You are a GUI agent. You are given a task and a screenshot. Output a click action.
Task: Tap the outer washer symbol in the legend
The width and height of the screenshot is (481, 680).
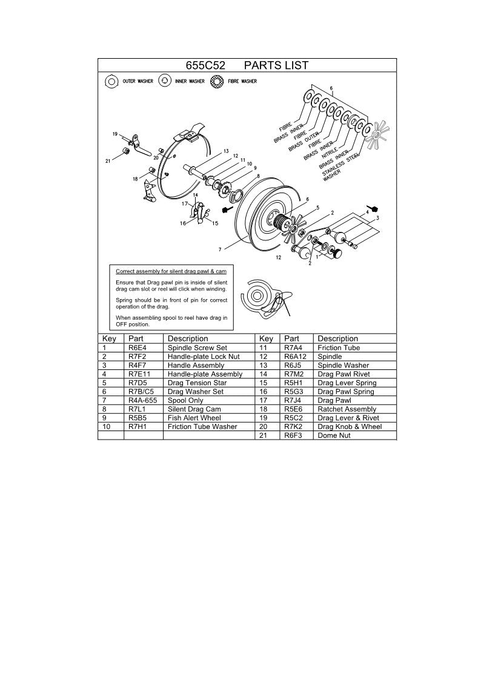coord(111,81)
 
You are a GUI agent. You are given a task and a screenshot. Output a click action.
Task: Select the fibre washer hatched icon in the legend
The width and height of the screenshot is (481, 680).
coord(216,81)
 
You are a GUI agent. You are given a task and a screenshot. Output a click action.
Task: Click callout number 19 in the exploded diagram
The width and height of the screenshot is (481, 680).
coord(114,133)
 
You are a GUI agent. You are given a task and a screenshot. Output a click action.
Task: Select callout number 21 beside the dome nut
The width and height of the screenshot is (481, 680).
coord(107,161)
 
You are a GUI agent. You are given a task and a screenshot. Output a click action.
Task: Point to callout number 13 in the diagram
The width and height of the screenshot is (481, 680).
coord(225,150)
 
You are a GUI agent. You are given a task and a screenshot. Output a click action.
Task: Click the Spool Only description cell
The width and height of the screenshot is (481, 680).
coord(185,400)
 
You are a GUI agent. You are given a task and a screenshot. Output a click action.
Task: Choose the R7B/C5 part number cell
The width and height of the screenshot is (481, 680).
coord(141,392)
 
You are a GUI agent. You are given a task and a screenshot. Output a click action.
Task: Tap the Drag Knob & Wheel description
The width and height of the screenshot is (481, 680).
coord(350,426)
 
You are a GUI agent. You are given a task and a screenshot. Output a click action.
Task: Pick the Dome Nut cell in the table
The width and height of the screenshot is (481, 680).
coord(333,435)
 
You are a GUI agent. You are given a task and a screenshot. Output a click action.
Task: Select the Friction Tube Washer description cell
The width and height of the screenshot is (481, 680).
coord(203,426)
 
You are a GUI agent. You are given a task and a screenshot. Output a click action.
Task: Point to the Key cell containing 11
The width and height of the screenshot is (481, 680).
coord(263,348)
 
